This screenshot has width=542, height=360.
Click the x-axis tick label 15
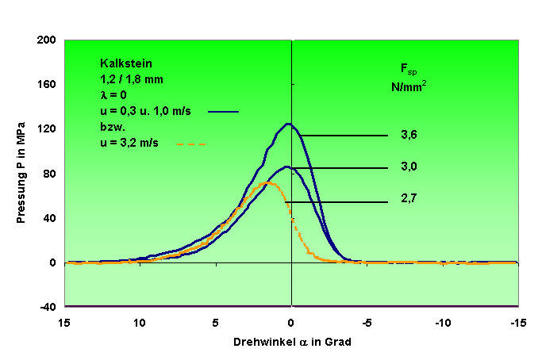pyautogui.click(x=64, y=324)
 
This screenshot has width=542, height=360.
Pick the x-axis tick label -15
pyautogui.click(x=517, y=324)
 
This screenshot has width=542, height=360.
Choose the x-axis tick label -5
pyautogui.click(x=367, y=324)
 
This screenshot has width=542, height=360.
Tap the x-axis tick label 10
pyautogui.click(x=140, y=324)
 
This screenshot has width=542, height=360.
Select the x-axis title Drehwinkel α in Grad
pyautogui.click(x=291, y=343)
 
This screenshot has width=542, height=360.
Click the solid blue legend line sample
pyautogui.click(x=223, y=111)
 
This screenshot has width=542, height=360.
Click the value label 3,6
pyautogui.click(x=409, y=136)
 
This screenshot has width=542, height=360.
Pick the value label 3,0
pyautogui.click(x=409, y=168)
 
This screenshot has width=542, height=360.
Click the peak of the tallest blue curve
pyautogui.click(x=288, y=124)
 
